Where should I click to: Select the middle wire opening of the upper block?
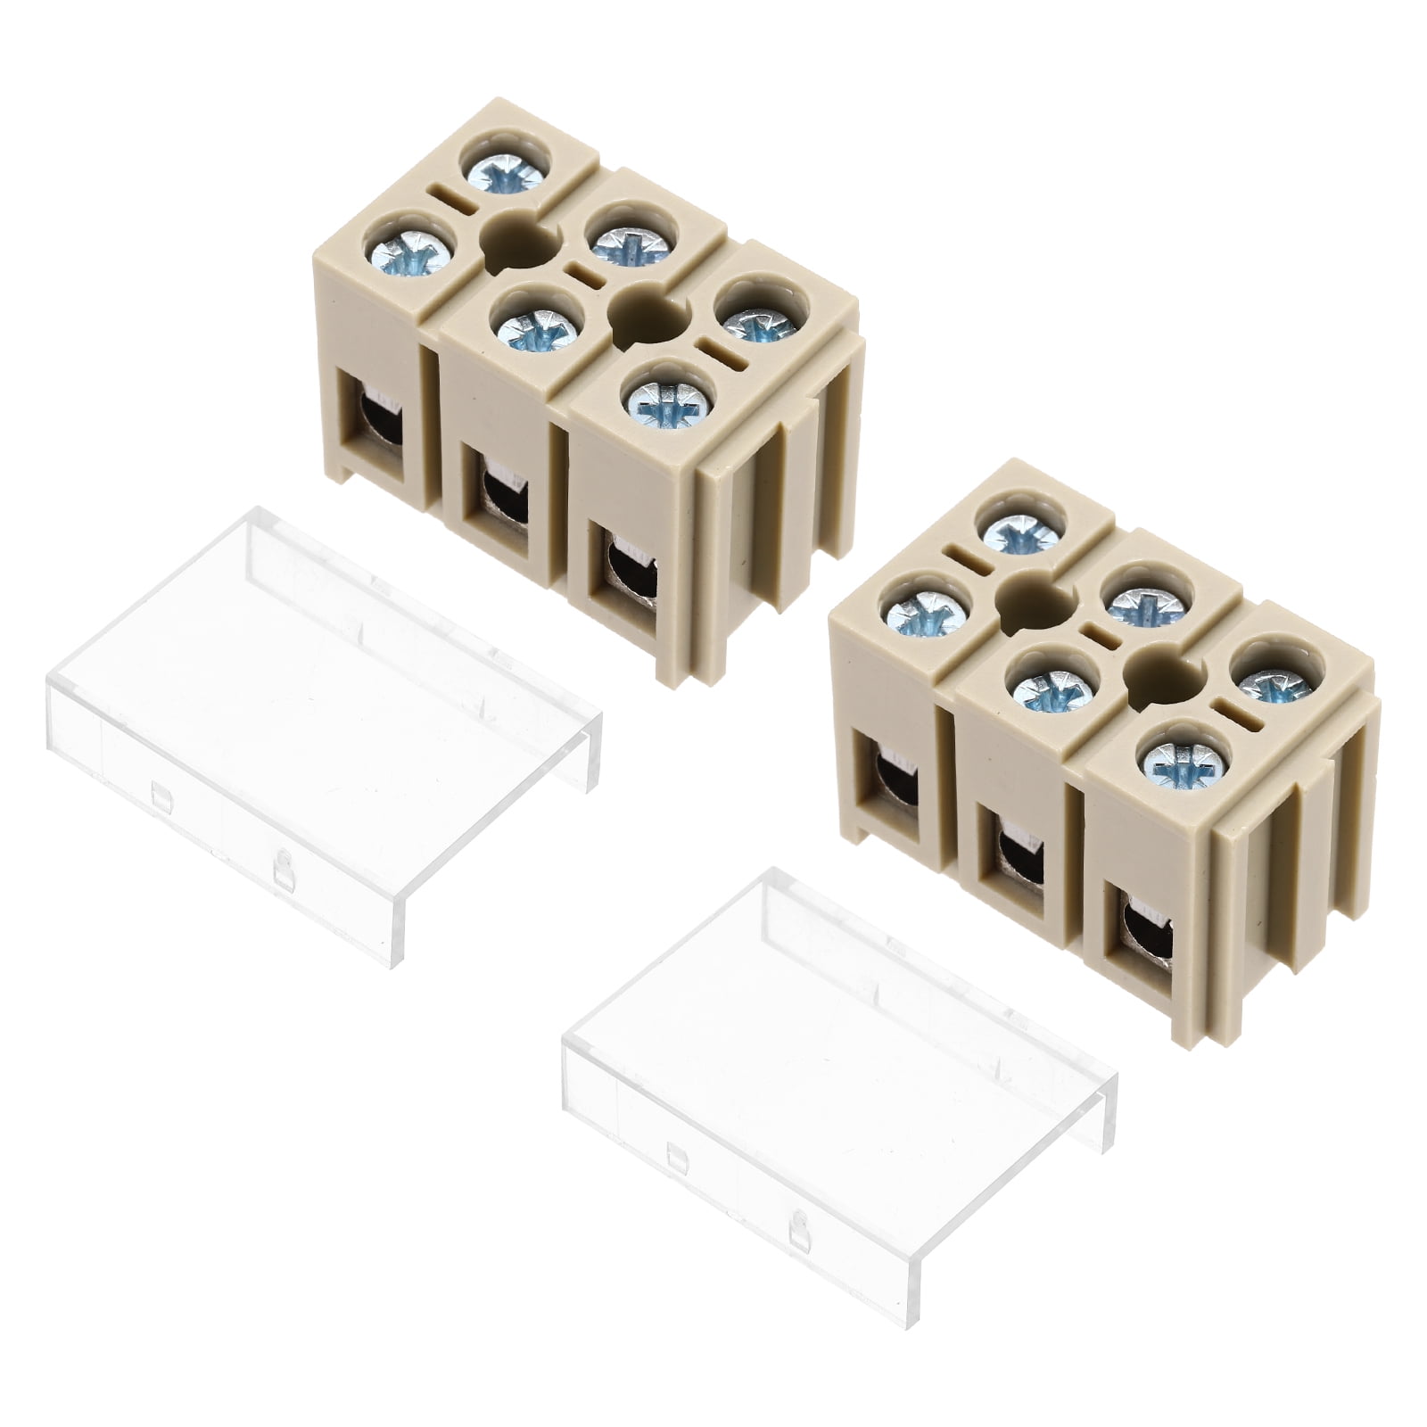coord(501,492)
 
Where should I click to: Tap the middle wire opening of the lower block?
coord(1015,852)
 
